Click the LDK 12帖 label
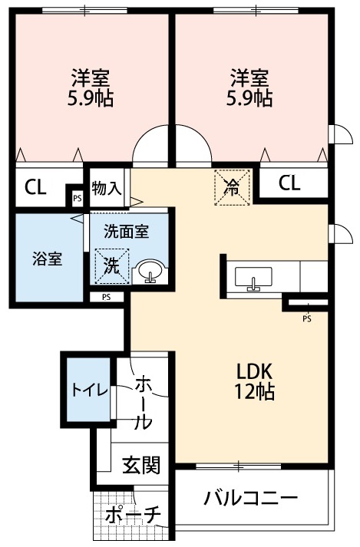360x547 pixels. pos(254,381)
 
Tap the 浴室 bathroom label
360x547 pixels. pos(46,259)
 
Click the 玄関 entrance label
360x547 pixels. pos(140,465)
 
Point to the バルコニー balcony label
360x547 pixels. pos(250,498)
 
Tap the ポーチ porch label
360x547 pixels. pos(132,515)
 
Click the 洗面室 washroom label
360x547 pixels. pos(127,228)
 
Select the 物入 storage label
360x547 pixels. pos(106,188)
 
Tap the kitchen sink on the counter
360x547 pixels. pos(253,277)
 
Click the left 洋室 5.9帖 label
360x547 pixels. pos(91,87)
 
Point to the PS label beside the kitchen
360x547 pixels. pos(306,318)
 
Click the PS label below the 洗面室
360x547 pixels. pos(106,297)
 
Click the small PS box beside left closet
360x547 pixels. pos(76,197)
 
